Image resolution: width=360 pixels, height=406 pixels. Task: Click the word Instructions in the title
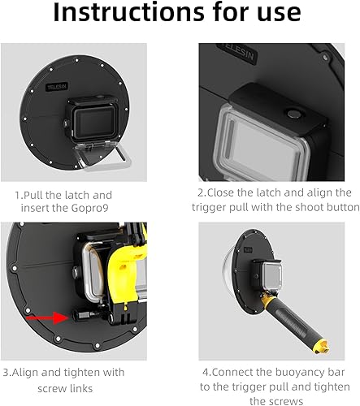click(x=128, y=12)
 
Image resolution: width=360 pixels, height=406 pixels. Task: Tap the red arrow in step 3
click(x=48, y=317)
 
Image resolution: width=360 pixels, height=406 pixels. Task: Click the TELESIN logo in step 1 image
click(x=57, y=87)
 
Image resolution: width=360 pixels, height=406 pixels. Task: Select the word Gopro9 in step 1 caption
click(x=90, y=208)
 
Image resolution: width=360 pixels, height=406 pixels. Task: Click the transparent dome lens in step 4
click(x=227, y=274)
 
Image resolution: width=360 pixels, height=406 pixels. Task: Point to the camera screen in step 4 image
click(x=271, y=277)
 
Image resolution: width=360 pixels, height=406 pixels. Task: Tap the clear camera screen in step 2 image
click(x=262, y=146)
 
